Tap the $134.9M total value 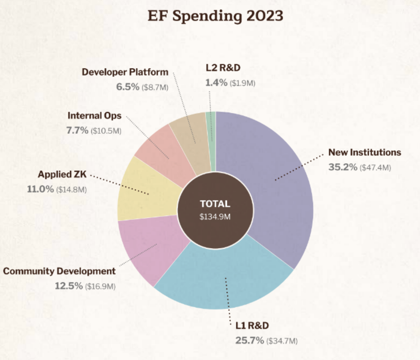[215, 217]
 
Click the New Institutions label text [365, 152]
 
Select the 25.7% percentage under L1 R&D [250, 340]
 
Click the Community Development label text [59, 271]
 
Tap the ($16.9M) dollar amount [100, 286]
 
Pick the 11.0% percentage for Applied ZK [40, 189]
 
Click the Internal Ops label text [94, 116]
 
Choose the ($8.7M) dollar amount [155, 87]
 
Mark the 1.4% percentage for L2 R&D [216, 82]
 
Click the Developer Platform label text [125, 72]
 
